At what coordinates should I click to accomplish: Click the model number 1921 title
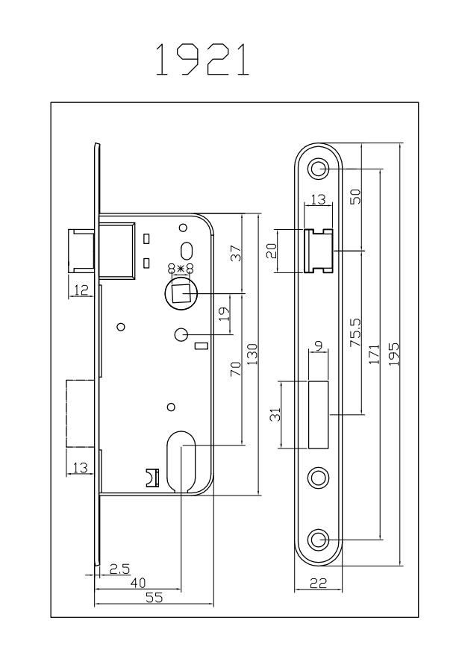(x=202, y=61)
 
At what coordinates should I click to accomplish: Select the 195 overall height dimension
(x=393, y=350)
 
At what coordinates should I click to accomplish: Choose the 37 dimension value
(x=236, y=253)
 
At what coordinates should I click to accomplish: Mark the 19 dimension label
(x=222, y=314)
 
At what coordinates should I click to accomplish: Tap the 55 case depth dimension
(x=154, y=598)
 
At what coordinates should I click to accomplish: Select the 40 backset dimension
(x=137, y=582)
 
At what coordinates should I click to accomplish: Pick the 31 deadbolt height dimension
(x=275, y=415)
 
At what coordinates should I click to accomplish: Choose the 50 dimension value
(x=355, y=196)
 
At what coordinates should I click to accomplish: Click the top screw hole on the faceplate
(x=319, y=169)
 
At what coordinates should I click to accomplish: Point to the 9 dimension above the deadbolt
(x=319, y=346)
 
